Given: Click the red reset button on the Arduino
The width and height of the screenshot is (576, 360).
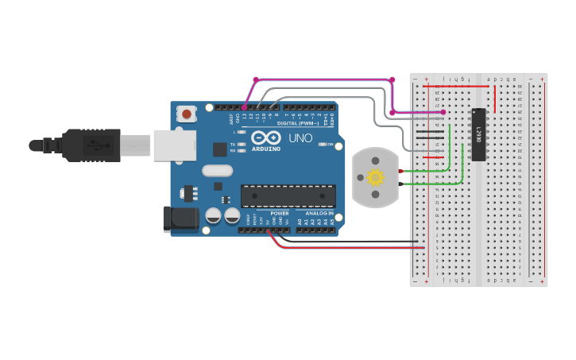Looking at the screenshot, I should [187, 114].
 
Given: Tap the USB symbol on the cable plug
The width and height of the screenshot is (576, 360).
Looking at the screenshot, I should [92, 145].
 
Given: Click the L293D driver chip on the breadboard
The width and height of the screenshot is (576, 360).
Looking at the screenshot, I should [479, 134].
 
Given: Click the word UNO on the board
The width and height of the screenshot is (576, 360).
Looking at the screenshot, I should [300, 138].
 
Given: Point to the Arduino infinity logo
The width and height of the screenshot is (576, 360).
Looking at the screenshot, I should [266, 137].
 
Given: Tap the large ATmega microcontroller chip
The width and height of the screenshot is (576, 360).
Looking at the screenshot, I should [288, 195].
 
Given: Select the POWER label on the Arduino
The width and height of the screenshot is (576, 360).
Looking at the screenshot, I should [280, 213].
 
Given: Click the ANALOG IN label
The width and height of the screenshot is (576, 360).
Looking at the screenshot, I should [319, 213].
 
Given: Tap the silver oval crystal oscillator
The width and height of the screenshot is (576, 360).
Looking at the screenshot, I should [217, 170].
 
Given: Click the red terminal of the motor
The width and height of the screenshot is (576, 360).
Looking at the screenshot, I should [402, 171].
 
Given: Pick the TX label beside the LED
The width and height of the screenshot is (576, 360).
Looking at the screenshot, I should [232, 145].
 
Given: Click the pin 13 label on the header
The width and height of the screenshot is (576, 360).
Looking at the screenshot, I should [244, 116].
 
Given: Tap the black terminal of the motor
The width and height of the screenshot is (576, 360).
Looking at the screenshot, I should [402, 185].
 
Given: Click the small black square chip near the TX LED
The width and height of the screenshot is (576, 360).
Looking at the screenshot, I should [219, 149].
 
